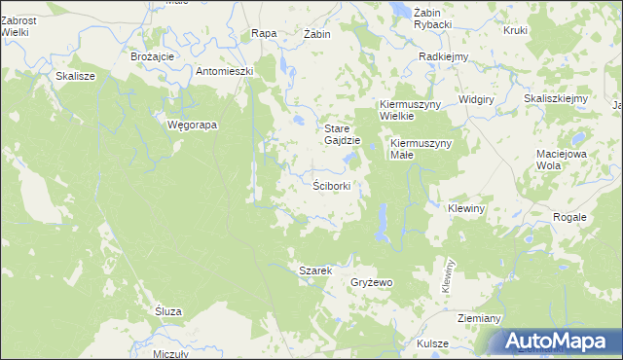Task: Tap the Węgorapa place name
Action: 192,125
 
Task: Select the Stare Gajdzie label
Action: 343,134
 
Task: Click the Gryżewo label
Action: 371,282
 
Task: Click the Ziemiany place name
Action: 479,318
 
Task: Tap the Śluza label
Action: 168,310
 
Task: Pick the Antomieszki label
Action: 225,71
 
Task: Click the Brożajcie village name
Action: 152,56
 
